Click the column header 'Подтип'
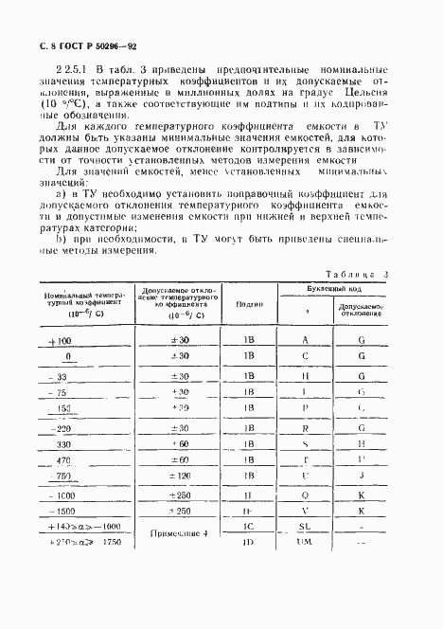click(250, 305)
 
